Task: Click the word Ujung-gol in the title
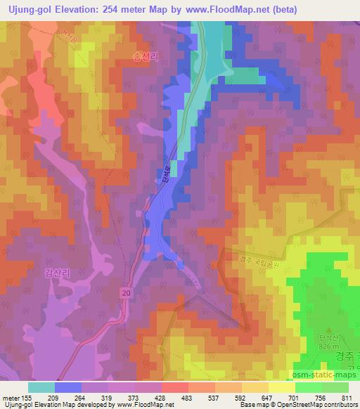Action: coord(26,9)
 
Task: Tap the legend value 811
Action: coord(347,397)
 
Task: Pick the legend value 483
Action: coord(188,397)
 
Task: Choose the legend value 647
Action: coord(266,397)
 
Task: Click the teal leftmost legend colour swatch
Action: coord(41,387)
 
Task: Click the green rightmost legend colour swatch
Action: coord(335,387)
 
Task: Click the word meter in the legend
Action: coord(12,397)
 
